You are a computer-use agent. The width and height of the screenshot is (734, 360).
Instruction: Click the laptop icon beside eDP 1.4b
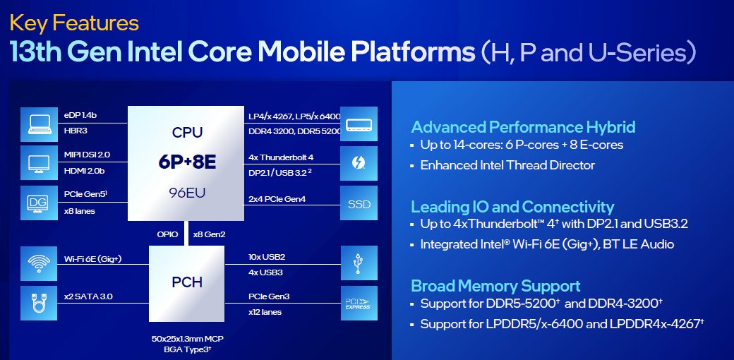point(40,124)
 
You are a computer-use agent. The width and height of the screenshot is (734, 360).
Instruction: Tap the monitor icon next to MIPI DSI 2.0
point(40,163)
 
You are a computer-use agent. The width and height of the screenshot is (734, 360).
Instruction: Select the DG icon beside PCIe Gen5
point(40,203)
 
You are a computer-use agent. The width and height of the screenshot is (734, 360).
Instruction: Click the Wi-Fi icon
point(40,263)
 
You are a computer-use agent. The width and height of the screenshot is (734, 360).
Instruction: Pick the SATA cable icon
point(40,303)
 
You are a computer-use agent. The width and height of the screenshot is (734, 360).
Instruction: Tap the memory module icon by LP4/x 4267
point(359,124)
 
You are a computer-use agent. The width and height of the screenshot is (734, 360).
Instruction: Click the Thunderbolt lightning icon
point(359,163)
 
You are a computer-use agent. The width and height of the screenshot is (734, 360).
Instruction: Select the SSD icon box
point(359,203)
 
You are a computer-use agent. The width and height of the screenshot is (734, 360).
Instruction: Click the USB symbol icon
point(359,263)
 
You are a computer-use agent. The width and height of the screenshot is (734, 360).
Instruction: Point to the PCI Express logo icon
point(359,303)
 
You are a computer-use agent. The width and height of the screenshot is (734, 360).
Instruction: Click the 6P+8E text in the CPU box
point(187,162)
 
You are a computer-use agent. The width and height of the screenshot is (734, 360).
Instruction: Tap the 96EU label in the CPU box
point(187,193)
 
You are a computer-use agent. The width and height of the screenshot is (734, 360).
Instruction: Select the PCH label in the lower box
point(187,282)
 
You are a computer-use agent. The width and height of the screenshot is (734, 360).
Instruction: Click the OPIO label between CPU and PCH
point(167,234)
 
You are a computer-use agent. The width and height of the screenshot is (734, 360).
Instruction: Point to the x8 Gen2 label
point(209,234)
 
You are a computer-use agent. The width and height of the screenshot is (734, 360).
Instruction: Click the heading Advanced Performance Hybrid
point(523,127)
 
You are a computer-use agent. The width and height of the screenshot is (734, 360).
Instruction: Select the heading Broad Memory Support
point(495,286)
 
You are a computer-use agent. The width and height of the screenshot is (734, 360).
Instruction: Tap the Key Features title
point(74,23)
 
